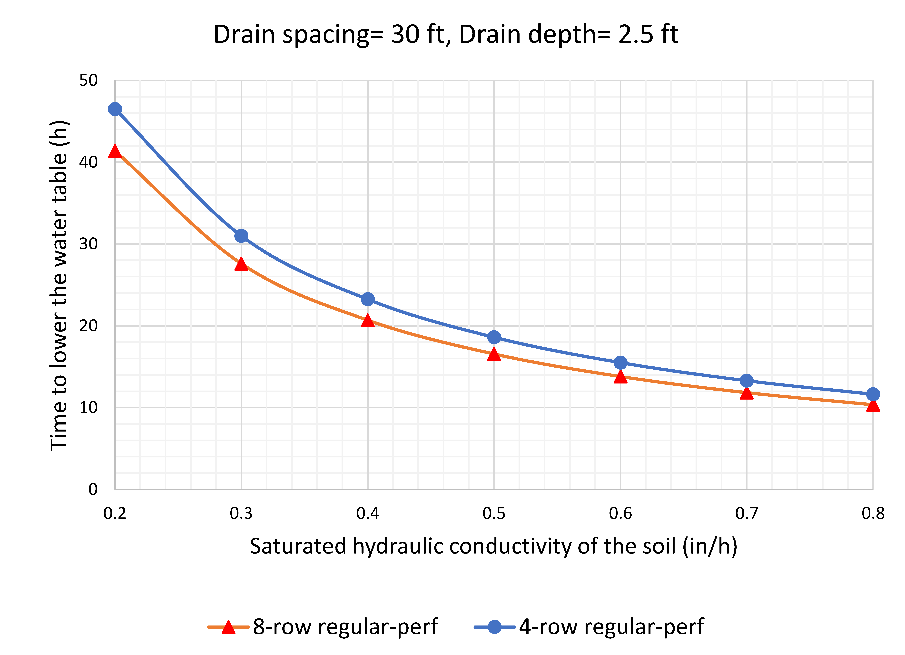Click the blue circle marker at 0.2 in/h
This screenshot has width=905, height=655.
click(115, 109)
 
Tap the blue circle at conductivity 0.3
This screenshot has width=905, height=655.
click(241, 236)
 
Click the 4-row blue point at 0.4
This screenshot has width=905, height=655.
click(367, 299)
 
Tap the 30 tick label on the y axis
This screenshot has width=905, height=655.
click(88, 244)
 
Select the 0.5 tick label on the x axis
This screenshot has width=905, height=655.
click(494, 513)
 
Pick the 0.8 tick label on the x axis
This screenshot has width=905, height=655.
click(873, 513)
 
